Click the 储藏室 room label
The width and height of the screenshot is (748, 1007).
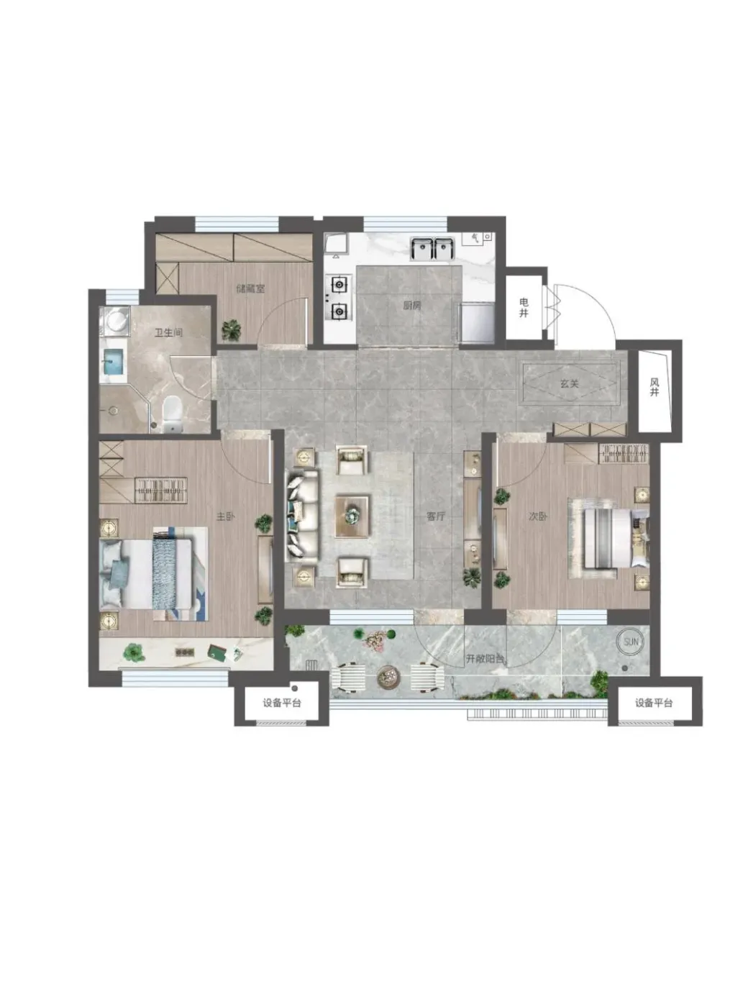(250, 288)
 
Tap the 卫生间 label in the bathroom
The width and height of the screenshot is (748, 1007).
(168, 332)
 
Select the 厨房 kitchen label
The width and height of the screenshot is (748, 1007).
(411, 305)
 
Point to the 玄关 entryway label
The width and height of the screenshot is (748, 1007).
(569, 383)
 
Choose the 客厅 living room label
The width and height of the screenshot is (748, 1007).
(436, 516)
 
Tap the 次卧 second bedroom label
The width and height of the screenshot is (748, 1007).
(538, 516)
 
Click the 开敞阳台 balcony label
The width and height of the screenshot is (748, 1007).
(485, 658)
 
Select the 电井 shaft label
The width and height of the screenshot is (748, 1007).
(524, 307)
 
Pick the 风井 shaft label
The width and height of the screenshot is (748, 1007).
(654, 387)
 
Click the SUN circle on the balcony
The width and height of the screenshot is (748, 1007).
(631, 642)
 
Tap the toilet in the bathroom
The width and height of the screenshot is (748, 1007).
(172, 413)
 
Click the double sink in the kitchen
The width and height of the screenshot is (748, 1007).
(432, 248)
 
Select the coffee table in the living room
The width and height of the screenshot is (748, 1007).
(352, 516)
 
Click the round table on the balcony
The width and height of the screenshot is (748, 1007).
(389, 676)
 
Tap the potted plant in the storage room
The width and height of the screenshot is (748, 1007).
(232, 329)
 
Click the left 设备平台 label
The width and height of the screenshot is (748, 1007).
(281, 703)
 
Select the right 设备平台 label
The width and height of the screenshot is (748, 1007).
(654, 703)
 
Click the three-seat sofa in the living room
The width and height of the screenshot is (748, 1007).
(303, 516)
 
